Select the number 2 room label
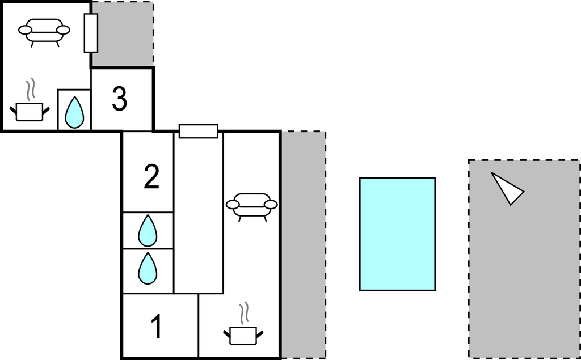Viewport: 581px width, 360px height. [x=151, y=177]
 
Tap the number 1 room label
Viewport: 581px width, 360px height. [x=157, y=326]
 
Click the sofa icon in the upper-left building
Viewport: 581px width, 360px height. [x=44, y=32]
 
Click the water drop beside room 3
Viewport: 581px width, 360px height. [x=74, y=112]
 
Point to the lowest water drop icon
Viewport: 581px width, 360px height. [x=148, y=268]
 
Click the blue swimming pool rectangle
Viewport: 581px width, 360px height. [x=397, y=234]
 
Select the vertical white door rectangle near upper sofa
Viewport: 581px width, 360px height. [x=91, y=33]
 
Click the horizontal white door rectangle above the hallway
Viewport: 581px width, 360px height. [x=199, y=131]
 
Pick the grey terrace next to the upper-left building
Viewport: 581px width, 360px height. [x=123, y=34]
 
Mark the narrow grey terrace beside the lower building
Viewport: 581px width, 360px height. [x=304, y=245]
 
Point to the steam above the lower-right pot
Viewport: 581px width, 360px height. [x=244, y=313]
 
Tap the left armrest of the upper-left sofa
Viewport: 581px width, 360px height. [x=25, y=30]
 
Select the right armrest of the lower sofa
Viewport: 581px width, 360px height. [x=271, y=205]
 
